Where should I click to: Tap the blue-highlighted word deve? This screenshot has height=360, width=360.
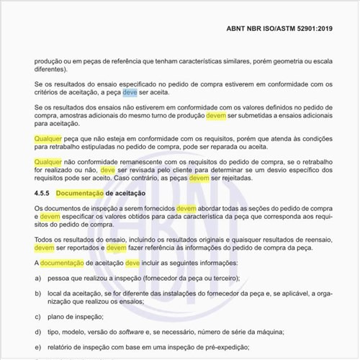coord(130,94)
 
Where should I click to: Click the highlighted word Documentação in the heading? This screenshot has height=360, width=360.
coord(80,194)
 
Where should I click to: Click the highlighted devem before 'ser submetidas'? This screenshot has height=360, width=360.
coord(216,115)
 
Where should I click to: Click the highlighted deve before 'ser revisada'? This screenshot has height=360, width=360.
coord(108,171)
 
